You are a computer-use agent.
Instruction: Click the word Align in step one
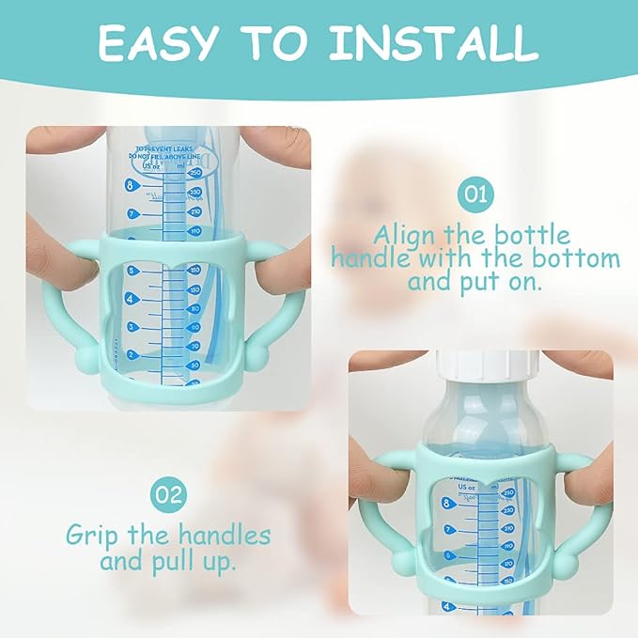click(x=408, y=234)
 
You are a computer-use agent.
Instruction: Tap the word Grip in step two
click(x=94, y=537)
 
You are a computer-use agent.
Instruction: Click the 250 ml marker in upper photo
click(x=195, y=172)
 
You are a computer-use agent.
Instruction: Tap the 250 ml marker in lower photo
click(x=510, y=492)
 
